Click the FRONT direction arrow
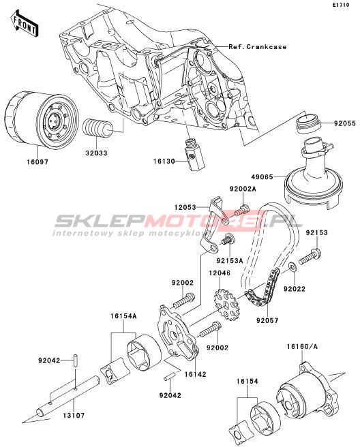pos(24,23)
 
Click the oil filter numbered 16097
pos(42,120)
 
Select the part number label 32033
pos(96,153)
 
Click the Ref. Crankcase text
pos(257,47)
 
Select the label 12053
pos(185,208)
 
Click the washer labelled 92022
pos(292,267)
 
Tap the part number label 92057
pos(267,320)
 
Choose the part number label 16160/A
pos(302,347)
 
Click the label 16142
pos(196,374)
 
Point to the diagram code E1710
pos(340,5)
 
